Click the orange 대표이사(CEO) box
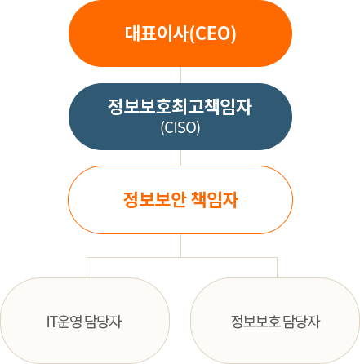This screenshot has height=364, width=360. point(180,33)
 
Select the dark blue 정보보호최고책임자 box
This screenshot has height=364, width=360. point(180,117)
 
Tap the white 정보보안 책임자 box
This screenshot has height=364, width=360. point(180,200)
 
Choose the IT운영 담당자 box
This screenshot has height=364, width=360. point(85,321)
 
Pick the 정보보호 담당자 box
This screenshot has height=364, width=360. point(275,321)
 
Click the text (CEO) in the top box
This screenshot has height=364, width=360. point(212,33)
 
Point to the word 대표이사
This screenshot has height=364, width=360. point(157,33)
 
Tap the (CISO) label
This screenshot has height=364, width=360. point(180,127)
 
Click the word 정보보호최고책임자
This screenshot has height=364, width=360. point(180,107)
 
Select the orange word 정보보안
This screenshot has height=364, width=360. point(154,200)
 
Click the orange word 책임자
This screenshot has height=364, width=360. point(215,200)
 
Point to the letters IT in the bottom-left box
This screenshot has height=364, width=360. point(51,322)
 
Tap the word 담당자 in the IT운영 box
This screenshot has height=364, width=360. point(103,322)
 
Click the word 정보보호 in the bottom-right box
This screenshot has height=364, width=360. point(256,322)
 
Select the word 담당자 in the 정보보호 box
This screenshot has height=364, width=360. point(301,322)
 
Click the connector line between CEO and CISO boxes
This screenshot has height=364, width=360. point(180,75)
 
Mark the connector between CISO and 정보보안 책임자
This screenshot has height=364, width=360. point(180,158)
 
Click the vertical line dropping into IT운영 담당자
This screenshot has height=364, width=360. point(87,268)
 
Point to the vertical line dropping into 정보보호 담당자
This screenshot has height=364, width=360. point(277,268)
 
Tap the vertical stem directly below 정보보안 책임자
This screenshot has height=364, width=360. point(180,246)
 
